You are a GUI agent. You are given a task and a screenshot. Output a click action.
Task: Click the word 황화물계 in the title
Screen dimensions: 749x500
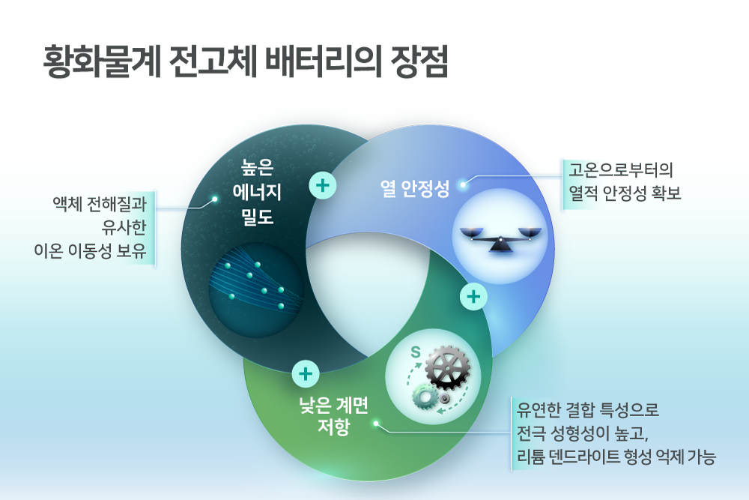point(102,62)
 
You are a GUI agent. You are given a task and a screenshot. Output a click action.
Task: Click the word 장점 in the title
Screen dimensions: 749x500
point(419,62)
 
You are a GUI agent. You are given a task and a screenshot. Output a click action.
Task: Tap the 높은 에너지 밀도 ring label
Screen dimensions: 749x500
point(257,192)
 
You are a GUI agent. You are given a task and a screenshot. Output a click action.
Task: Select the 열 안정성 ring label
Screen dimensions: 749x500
point(415,188)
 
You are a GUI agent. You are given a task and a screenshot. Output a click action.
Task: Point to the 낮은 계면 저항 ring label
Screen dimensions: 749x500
point(333,415)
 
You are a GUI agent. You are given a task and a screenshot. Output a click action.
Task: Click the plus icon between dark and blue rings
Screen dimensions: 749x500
point(323,185)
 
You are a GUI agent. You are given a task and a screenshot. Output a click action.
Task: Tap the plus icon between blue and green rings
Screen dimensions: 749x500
point(473,297)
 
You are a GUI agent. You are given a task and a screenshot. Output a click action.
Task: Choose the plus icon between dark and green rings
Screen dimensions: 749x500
point(306,374)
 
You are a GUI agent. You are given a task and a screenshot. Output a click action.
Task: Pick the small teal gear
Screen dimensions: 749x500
point(425,397)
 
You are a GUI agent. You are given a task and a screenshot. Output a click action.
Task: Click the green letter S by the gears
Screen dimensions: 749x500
point(416,352)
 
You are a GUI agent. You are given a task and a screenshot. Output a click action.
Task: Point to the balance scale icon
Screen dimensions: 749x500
point(500,239)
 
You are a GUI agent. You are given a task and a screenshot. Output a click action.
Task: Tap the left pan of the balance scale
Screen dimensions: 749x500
point(472,233)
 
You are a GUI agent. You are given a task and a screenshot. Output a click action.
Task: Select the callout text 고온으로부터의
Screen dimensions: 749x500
point(620,169)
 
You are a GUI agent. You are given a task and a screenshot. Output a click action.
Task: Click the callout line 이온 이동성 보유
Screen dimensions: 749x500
point(90,250)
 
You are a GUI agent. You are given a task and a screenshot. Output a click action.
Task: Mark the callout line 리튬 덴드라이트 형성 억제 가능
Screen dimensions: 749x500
point(616,457)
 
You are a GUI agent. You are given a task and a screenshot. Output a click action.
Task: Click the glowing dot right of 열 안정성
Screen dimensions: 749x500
point(463,184)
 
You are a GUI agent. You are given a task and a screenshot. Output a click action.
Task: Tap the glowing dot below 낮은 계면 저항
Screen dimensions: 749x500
point(377,424)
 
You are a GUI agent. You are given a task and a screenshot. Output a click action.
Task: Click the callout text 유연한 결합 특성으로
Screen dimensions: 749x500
point(587,409)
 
